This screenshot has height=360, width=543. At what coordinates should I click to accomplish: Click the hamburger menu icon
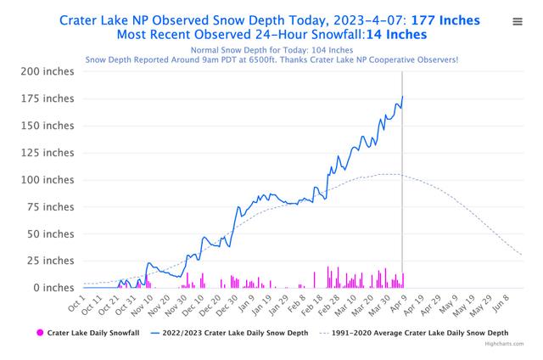click(x=518, y=22)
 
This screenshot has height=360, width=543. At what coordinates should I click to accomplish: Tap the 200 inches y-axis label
click(x=49, y=71)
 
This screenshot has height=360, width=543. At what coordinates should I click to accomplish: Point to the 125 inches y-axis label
click(x=49, y=153)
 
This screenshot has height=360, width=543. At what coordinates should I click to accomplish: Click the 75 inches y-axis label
click(x=53, y=207)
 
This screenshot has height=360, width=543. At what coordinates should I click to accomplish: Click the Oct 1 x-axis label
click(x=76, y=302)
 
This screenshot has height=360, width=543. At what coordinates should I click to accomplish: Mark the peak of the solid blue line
click(x=402, y=96)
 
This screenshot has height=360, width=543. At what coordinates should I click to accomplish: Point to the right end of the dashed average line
click(x=522, y=256)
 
